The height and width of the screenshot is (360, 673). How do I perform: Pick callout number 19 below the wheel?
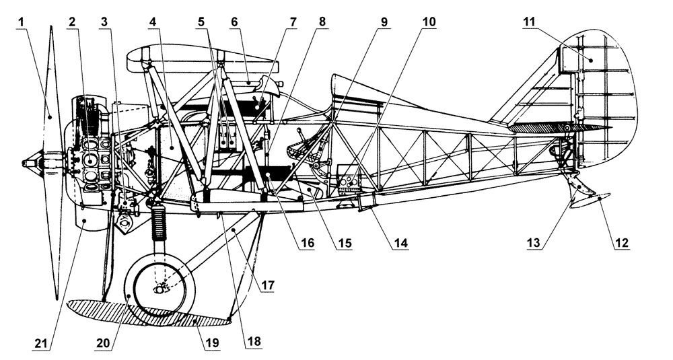pyautogui.click(x=213, y=343)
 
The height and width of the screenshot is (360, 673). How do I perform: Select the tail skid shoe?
pyautogui.click(x=588, y=201)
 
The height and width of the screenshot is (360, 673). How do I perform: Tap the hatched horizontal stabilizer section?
pyautogui.click(x=538, y=127)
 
